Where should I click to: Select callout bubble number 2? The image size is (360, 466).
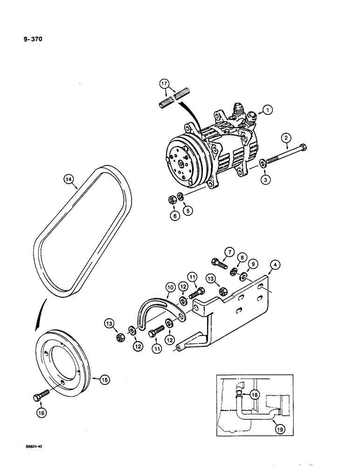(286, 137)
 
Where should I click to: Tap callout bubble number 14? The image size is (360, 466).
(68, 178)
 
